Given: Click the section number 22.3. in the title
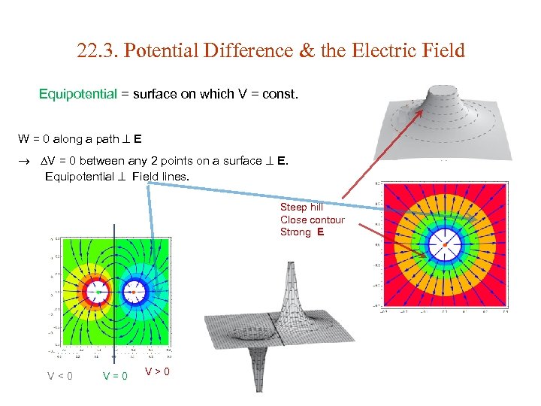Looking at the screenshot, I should tap(97, 51).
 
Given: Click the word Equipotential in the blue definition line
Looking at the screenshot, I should tap(78, 95).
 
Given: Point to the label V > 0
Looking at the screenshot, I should tap(157, 371).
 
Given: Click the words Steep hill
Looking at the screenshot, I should tap(301, 207).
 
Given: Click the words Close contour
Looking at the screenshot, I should tap(312, 220).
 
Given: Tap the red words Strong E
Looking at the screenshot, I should tap(302, 232).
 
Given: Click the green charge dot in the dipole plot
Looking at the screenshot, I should tap(98, 291).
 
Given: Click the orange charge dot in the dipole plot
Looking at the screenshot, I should tap(135, 291).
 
